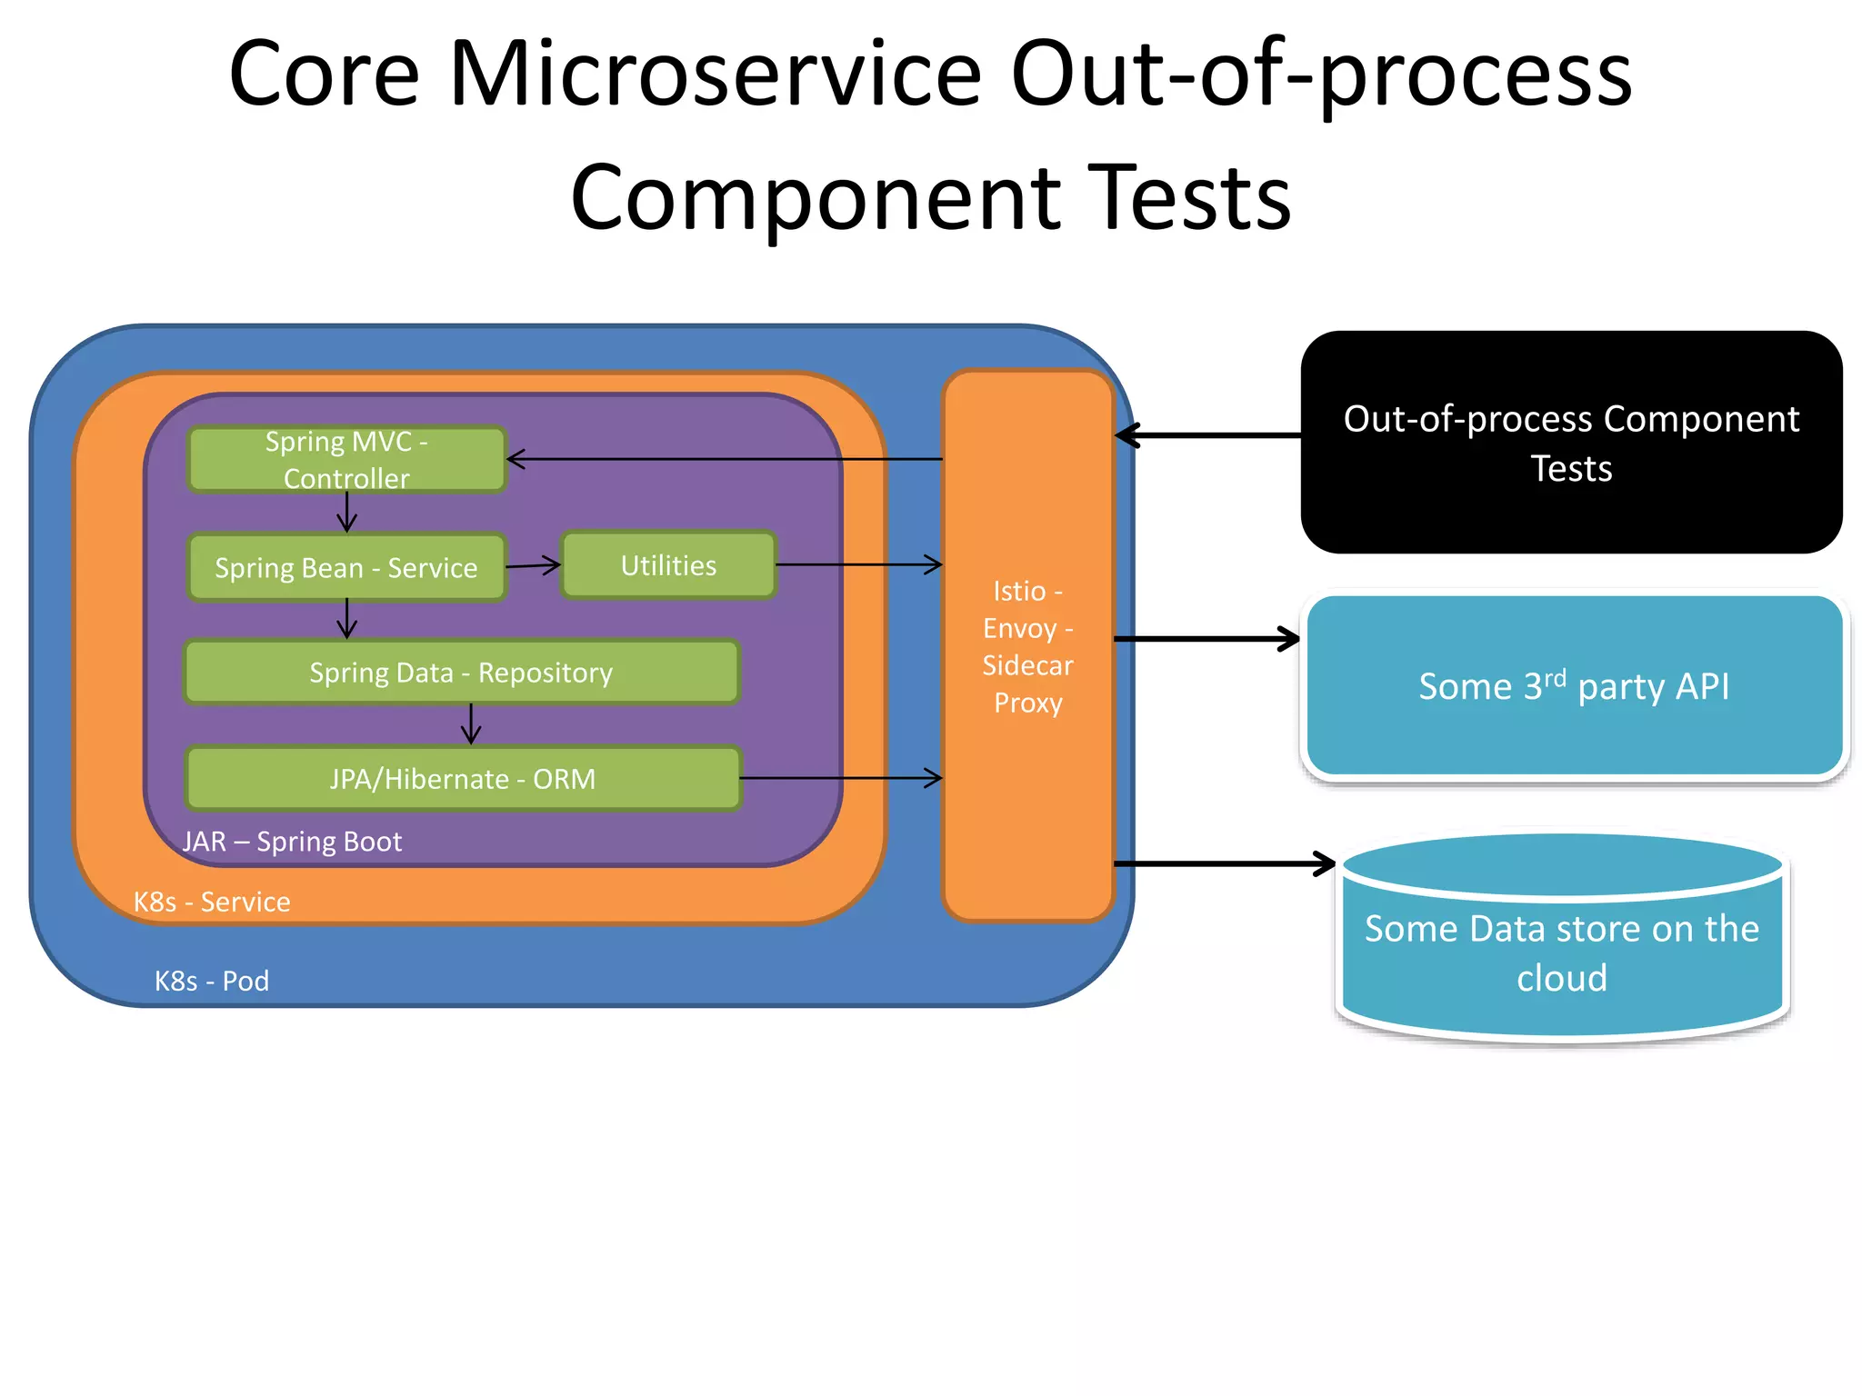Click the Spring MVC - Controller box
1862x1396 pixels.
[x=345, y=459]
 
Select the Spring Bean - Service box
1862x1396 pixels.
[x=345, y=567]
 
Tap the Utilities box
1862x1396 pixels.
[x=668, y=565]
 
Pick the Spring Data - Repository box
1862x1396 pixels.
[x=461, y=673]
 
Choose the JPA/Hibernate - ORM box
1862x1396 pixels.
[x=463, y=779]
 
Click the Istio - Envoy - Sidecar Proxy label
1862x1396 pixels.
[x=1027, y=646]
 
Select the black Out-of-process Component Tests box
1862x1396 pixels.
[x=1570, y=443]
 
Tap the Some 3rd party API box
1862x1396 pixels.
[x=1574, y=686]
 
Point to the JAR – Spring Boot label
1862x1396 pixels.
[x=292, y=842]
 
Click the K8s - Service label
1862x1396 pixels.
[x=212, y=902]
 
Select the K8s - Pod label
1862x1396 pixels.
[x=212, y=981]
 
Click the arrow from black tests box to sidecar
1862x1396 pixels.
[x=1209, y=435]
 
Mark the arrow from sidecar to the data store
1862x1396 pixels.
[x=1223, y=863]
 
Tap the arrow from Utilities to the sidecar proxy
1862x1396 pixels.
[x=858, y=564]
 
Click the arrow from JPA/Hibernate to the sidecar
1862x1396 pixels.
[x=841, y=778]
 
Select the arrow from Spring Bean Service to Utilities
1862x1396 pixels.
[x=533, y=565]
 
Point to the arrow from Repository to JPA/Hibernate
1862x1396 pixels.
[x=470, y=724]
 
